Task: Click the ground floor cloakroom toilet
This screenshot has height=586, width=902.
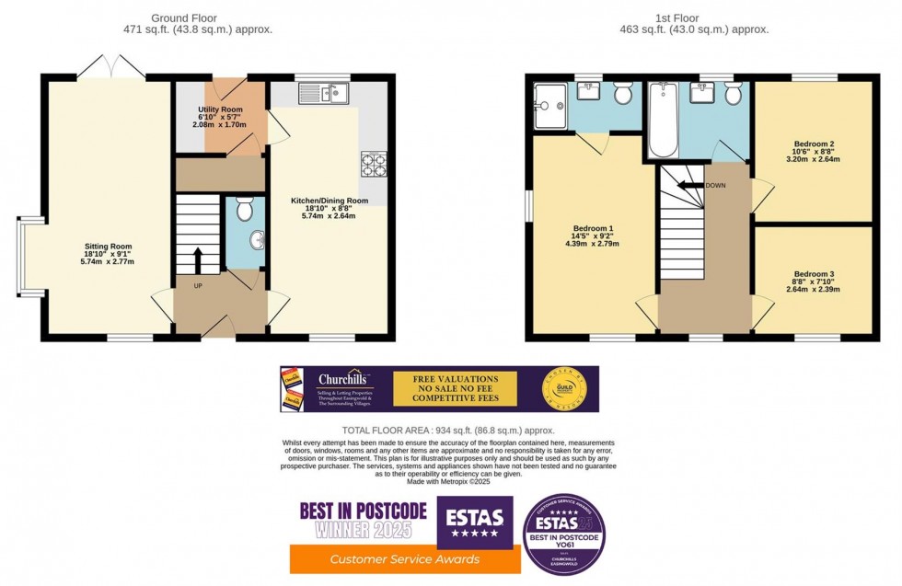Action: pyautogui.click(x=244, y=211)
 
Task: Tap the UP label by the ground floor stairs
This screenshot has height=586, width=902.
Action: pyautogui.click(x=198, y=286)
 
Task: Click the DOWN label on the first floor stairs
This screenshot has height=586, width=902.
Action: pyautogui.click(x=716, y=185)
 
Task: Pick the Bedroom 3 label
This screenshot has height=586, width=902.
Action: pyautogui.click(x=814, y=281)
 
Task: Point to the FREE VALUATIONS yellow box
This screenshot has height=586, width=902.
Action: pyautogui.click(x=455, y=388)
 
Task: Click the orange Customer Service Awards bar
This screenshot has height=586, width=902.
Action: pyautogui.click(x=405, y=558)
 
